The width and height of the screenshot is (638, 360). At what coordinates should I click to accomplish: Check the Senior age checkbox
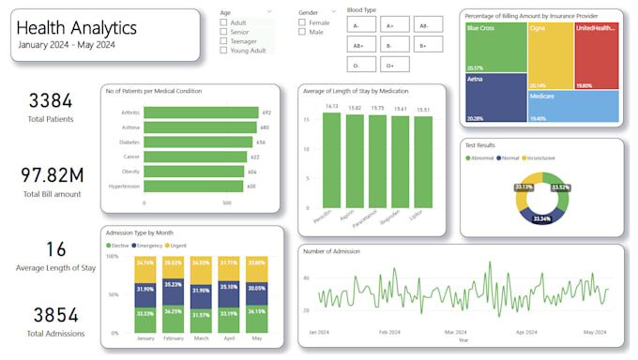pos(223,32)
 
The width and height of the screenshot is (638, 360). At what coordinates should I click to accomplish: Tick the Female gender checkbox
pos(302,22)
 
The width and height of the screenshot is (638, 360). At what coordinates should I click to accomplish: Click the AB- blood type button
pos(423,26)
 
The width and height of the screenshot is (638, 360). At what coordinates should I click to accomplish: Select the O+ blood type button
pos(391,66)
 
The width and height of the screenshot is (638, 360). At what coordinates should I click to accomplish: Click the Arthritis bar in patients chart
pos(200,112)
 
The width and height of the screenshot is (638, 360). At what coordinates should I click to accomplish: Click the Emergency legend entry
pos(154,246)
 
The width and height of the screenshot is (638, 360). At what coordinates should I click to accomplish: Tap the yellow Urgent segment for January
pos(145,268)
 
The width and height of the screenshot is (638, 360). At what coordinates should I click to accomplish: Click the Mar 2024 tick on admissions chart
pos(455,332)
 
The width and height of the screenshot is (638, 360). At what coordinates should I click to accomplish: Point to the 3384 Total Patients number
pos(51,101)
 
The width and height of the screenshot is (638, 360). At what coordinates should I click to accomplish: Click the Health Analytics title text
pos(75,29)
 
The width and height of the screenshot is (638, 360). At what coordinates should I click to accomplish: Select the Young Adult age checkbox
pos(223,51)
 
